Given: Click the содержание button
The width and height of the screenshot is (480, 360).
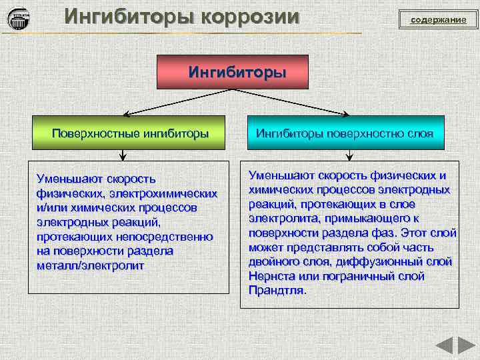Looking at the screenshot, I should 438,20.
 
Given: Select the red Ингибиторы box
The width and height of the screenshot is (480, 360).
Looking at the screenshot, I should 232,72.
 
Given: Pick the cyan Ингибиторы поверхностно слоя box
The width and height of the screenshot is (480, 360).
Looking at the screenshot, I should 345,133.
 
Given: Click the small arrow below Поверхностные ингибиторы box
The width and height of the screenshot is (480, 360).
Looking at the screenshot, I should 123,156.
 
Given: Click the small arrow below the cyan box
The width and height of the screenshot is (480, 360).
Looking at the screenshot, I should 349,156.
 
